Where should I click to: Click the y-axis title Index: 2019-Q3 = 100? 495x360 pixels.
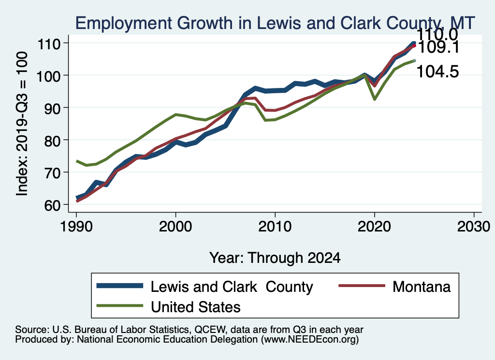pyautogui.click(x=21, y=124)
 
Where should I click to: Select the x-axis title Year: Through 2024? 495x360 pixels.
pyautogui.click(x=275, y=258)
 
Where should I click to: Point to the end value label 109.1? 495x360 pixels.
pyautogui.click(x=438, y=47)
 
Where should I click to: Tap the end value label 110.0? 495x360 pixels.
pyautogui.click(x=437, y=34)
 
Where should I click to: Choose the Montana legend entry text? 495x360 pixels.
pyautogui.click(x=422, y=287)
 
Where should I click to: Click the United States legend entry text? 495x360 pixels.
pyautogui.click(x=196, y=306)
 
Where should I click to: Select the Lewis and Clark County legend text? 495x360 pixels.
pyautogui.click(x=232, y=287)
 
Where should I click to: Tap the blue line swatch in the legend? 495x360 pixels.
pyautogui.click(x=120, y=286)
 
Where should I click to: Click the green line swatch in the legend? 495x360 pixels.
pyautogui.click(x=120, y=306)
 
